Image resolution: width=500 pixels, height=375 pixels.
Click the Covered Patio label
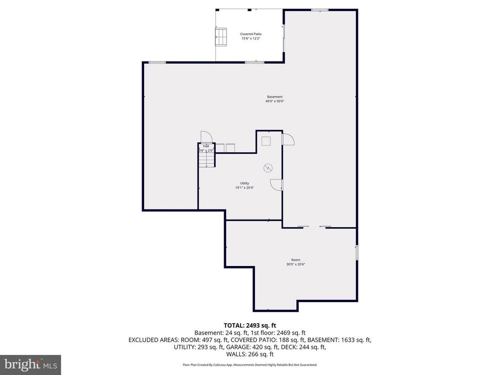(250, 34)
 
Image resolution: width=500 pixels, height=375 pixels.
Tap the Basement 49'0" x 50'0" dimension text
(274, 102)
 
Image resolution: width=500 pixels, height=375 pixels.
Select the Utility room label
(244, 183)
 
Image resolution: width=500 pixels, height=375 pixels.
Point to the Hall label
(206, 146)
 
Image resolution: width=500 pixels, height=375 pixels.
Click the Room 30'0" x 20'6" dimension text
(296, 264)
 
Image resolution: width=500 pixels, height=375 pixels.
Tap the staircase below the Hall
(206, 160)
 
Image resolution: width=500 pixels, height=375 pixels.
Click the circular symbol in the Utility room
(268, 168)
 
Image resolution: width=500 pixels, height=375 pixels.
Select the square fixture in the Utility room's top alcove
(266, 141)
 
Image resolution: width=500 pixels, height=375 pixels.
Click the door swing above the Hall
(205, 137)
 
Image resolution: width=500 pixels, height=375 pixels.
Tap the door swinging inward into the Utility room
(276, 185)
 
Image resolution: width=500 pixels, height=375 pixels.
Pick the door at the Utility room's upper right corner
(288, 140)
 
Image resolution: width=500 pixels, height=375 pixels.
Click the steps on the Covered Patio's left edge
(221, 36)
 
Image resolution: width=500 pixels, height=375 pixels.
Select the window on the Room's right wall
(357, 252)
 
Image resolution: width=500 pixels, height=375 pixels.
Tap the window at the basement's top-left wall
(157, 62)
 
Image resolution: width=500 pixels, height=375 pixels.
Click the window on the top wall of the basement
(320, 9)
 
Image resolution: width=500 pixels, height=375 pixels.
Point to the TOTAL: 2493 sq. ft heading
(250, 325)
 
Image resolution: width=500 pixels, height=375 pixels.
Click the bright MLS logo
(30, 364)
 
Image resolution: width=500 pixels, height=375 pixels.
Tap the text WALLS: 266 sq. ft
(250, 354)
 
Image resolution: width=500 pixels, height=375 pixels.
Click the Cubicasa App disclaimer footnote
(250, 365)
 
